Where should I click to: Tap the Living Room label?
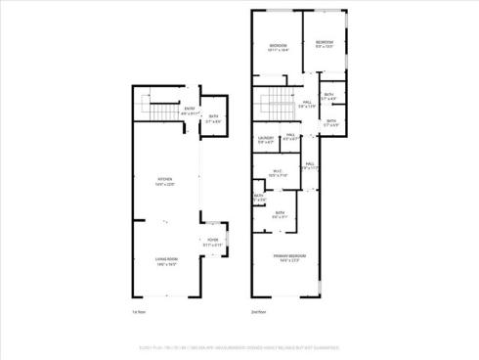[x=165, y=259]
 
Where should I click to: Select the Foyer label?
[x=211, y=240]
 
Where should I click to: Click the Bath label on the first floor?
[x=214, y=117]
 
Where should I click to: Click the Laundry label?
[x=266, y=138]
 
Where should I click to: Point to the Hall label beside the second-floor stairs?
[x=307, y=102]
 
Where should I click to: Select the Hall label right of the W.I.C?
[x=308, y=163]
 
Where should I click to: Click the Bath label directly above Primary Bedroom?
[x=280, y=212]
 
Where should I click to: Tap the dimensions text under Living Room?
[x=165, y=265]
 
